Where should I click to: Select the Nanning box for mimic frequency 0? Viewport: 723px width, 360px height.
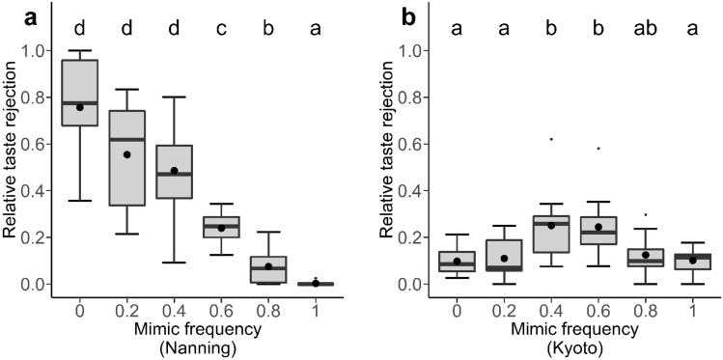point(80,93)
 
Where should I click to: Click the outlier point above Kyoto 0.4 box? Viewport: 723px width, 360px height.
point(496,139)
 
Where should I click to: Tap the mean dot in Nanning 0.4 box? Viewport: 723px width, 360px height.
point(174,171)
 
